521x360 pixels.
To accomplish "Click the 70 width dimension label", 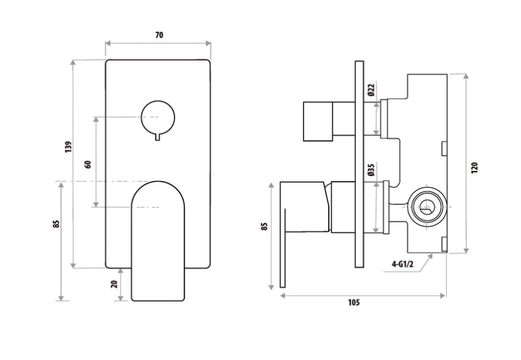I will pyautogui.click(x=159, y=35).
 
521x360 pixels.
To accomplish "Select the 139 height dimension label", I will pyautogui.click(x=69, y=146).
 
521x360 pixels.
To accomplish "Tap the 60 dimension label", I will pyautogui.click(x=88, y=164).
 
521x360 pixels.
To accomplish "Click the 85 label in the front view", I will pyautogui.click(x=56, y=224).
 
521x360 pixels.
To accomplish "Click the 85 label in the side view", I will pyautogui.click(x=265, y=226).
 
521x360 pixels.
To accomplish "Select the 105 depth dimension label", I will pyautogui.click(x=353, y=303).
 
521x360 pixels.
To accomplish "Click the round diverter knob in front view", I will pyautogui.click(x=158, y=116).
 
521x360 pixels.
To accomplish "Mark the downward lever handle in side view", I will pyautogui.click(x=284, y=247).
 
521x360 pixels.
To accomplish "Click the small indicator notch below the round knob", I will pyautogui.click(x=158, y=136).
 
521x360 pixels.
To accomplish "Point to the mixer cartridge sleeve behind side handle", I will pyautogui.click(x=342, y=207).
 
